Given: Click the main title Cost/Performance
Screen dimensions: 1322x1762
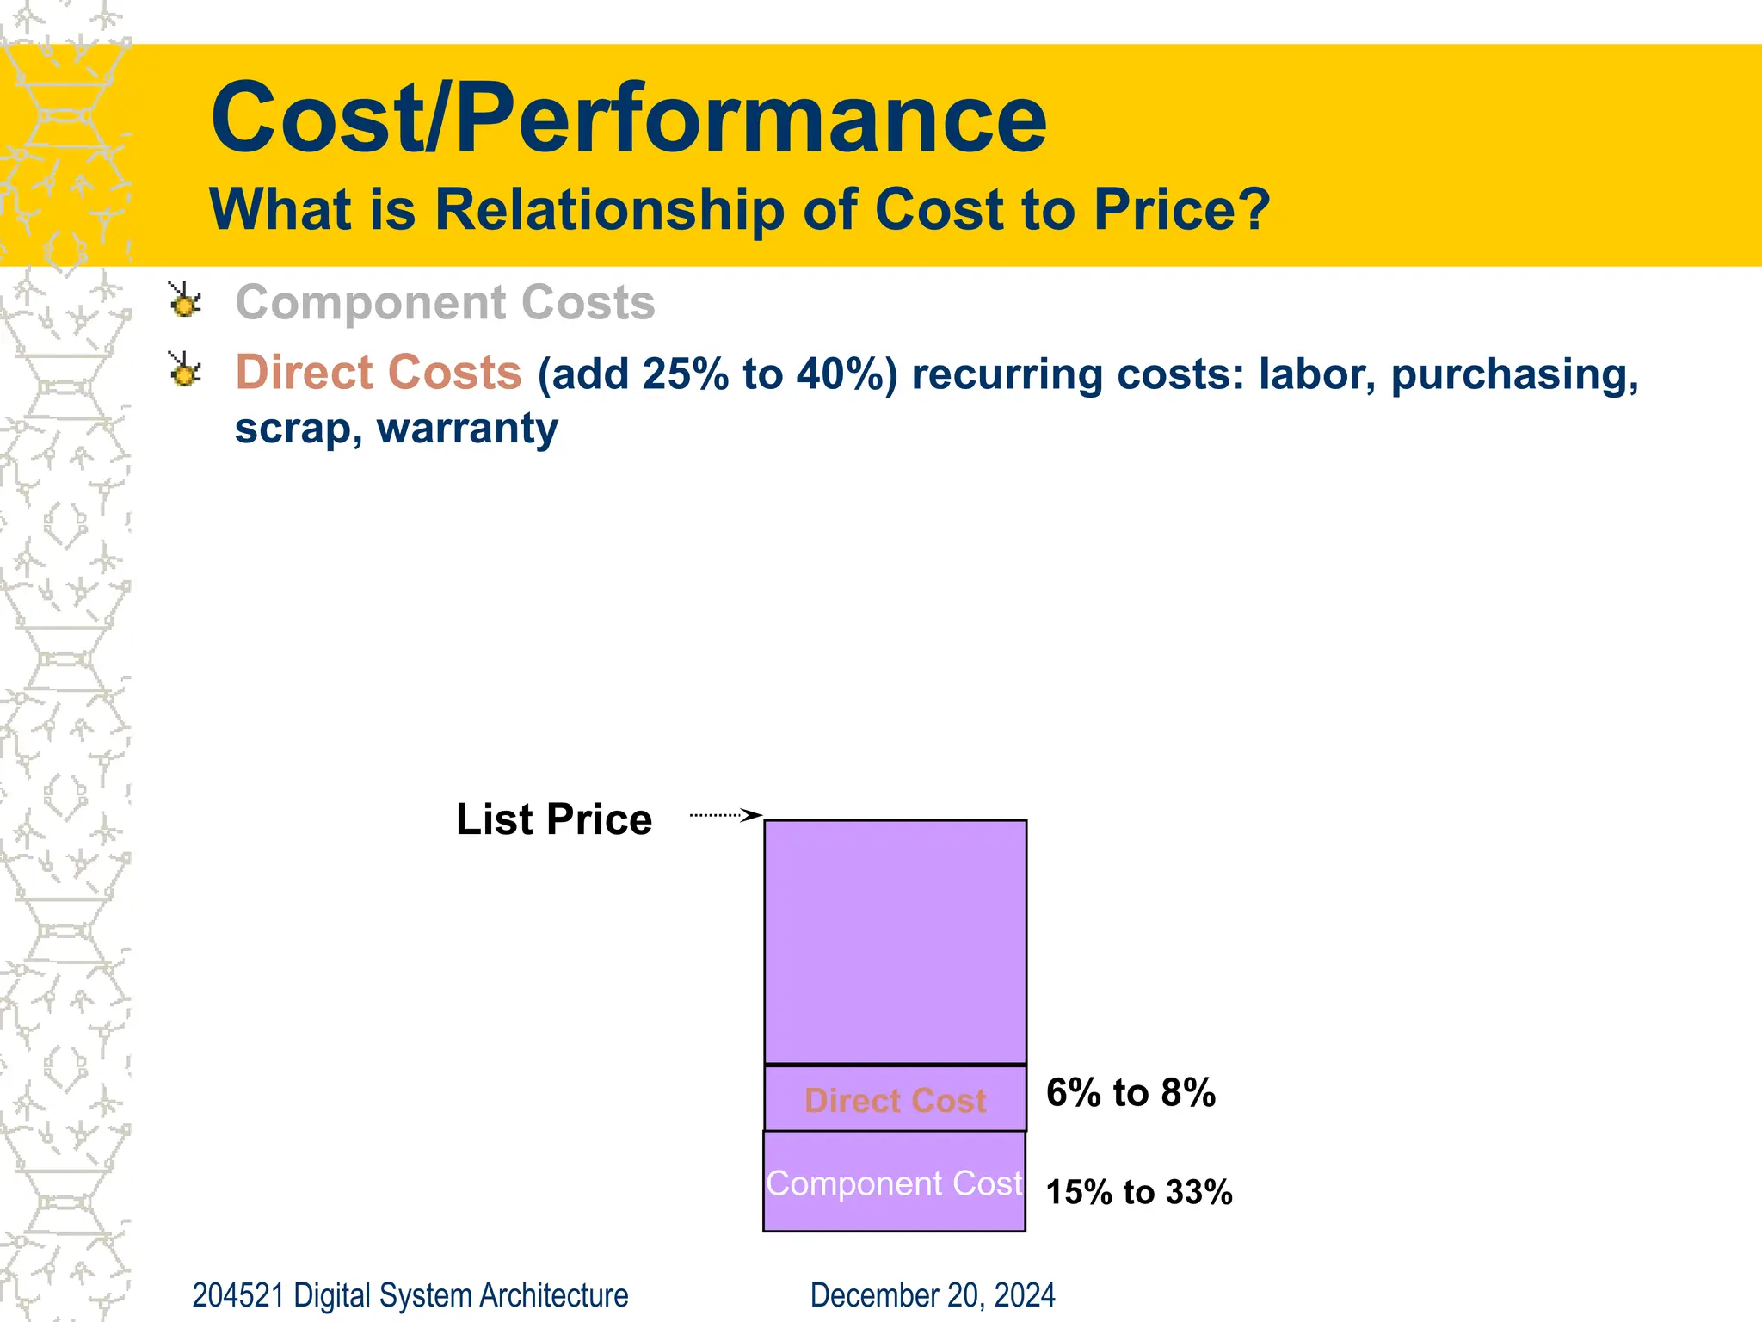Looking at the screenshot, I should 628,118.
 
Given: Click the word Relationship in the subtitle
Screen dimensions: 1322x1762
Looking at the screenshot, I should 609,209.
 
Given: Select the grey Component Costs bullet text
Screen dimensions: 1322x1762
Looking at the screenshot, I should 445,303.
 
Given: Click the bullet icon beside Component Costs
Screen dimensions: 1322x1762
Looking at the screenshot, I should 184,301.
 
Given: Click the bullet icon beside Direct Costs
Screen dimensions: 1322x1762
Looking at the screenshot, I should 184,371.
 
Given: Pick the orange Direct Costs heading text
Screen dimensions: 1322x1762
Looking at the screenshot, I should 379,373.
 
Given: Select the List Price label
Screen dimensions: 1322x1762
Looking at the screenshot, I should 553,819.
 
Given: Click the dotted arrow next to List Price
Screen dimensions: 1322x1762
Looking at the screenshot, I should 725,814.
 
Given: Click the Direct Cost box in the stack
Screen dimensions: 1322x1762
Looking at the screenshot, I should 895,1100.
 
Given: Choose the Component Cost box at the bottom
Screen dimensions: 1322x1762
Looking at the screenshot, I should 894,1183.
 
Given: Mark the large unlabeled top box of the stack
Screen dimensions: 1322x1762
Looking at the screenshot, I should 895,942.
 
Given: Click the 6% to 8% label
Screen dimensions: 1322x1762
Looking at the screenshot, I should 1131,1093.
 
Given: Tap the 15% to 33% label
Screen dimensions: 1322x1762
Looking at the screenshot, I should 1138,1192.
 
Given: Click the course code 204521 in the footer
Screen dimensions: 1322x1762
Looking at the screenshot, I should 237,1295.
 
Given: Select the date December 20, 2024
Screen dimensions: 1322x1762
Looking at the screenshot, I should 932,1295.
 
